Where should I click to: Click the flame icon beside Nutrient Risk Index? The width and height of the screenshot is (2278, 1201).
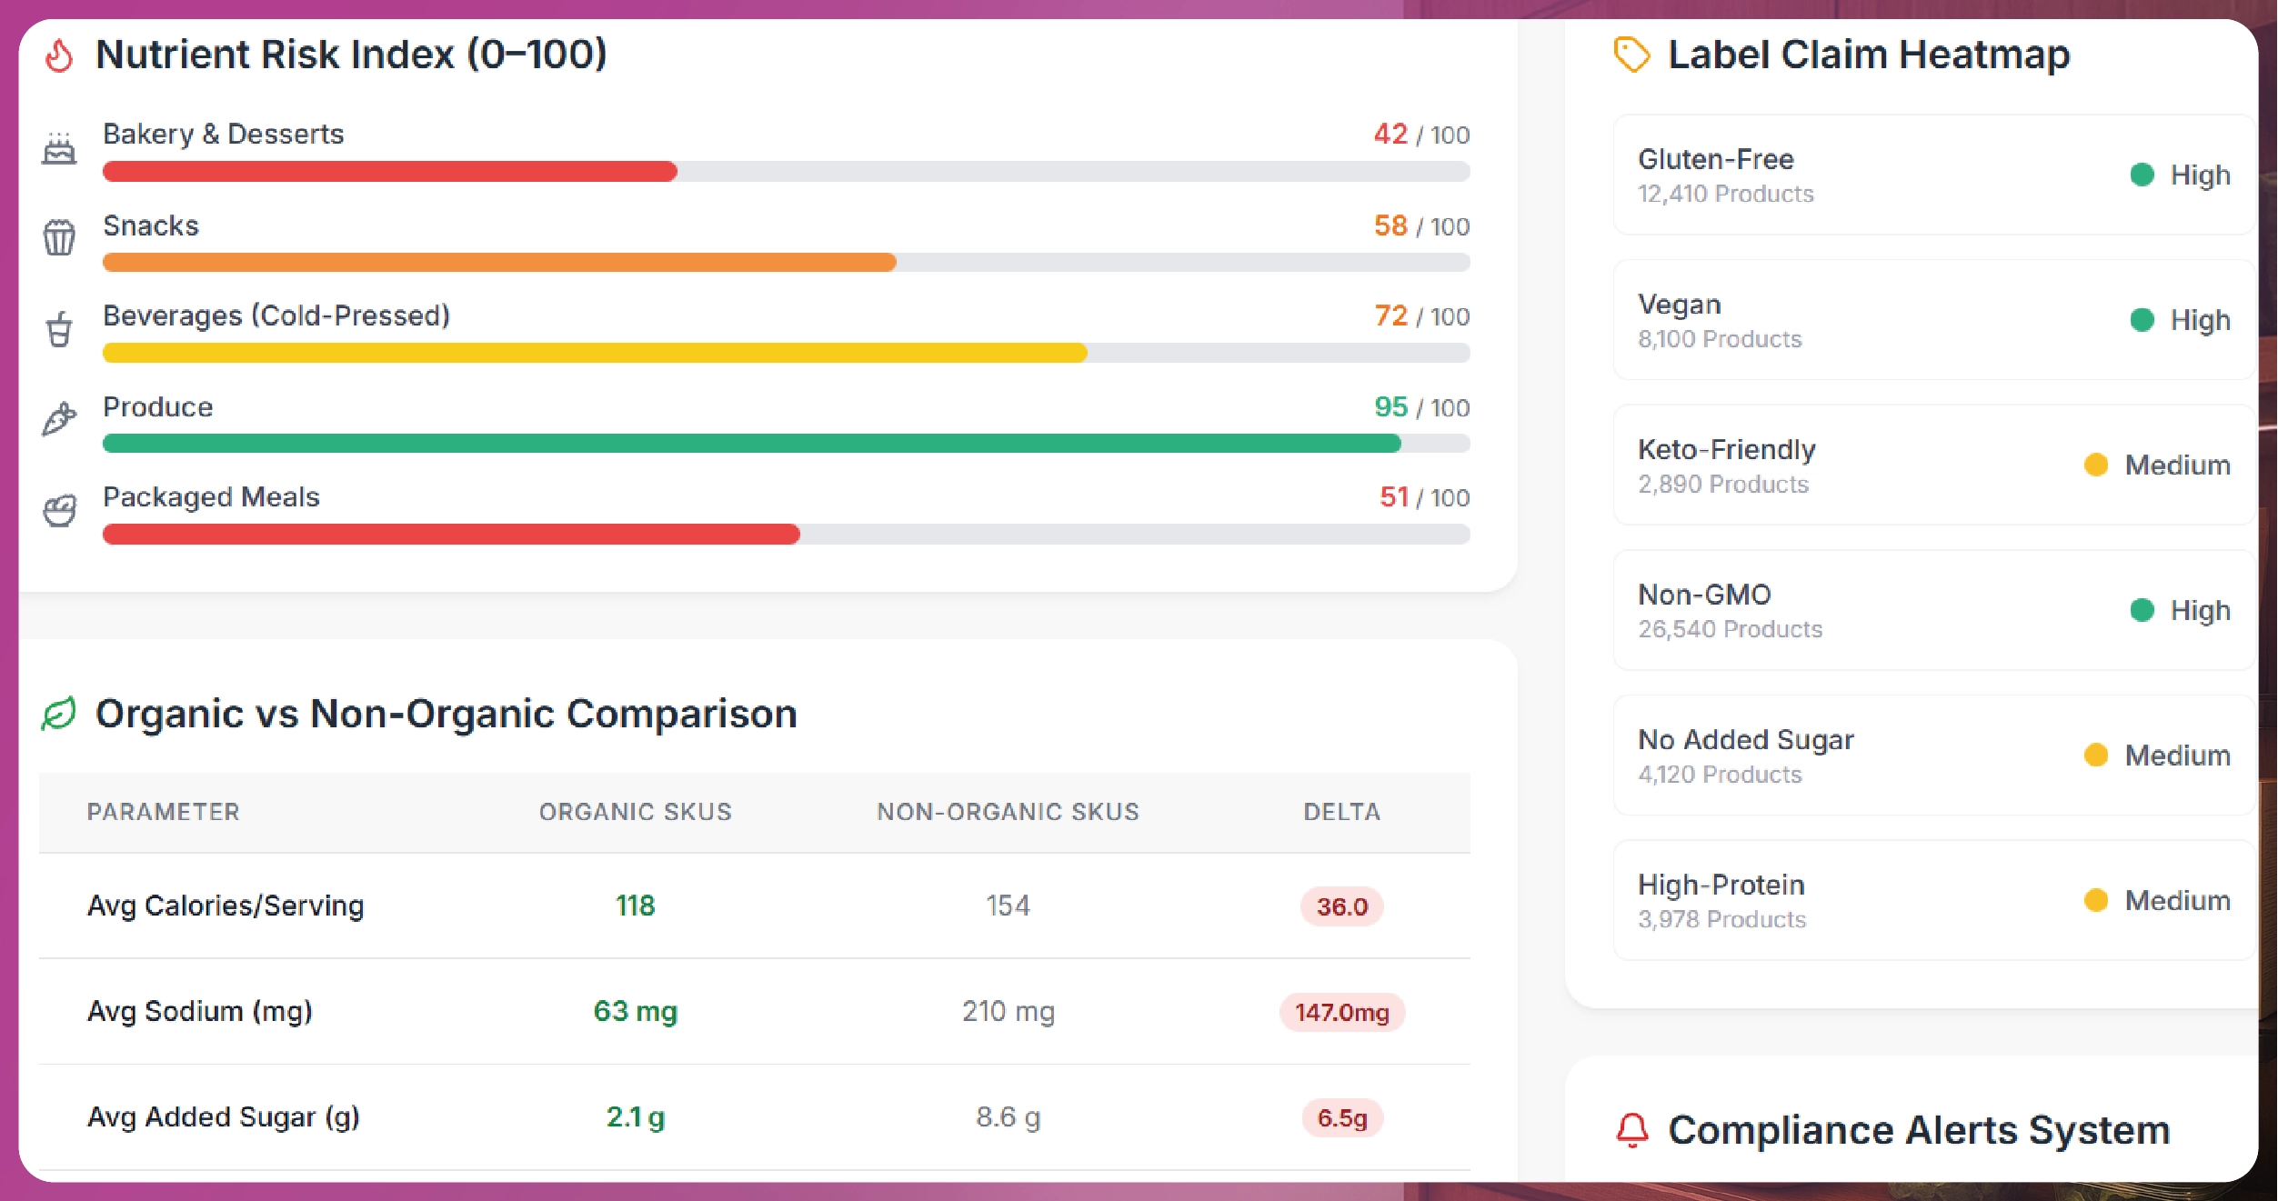[x=59, y=55]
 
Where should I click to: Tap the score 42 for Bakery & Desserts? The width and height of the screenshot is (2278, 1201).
[x=1390, y=135]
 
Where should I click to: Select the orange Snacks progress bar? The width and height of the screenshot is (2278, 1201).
[x=499, y=263]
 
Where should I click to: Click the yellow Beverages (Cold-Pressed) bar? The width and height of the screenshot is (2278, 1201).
[x=595, y=353]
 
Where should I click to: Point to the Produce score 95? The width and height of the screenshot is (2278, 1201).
[x=1390, y=407]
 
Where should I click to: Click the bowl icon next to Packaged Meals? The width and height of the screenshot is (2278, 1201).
[x=60, y=511]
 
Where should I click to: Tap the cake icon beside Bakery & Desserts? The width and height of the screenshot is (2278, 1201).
[x=59, y=148]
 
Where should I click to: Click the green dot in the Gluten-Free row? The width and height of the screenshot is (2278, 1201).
[x=2142, y=175]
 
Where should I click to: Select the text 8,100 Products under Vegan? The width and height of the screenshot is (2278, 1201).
[x=1719, y=339]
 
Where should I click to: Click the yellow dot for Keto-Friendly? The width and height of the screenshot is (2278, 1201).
[x=2095, y=465]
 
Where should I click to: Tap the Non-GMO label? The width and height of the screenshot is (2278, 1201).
[x=1704, y=595]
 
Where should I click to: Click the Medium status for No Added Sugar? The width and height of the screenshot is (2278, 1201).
[x=2176, y=756]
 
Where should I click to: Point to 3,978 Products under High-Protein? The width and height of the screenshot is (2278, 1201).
[x=1721, y=919]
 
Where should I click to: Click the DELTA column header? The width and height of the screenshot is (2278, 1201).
[x=1341, y=812]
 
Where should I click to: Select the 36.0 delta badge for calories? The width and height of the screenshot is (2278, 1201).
[x=1341, y=906]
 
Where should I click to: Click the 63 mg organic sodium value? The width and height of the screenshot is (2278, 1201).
[x=635, y=1011]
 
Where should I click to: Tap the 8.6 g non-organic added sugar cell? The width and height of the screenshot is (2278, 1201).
[x=1008, y=1116]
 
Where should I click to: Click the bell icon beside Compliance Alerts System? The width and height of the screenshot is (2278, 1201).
[x=1631, y=1130]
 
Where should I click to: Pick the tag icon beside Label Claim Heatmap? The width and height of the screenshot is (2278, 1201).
[x=1631, y=55]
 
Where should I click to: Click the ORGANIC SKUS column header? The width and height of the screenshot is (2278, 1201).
[x=635, y=812]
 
